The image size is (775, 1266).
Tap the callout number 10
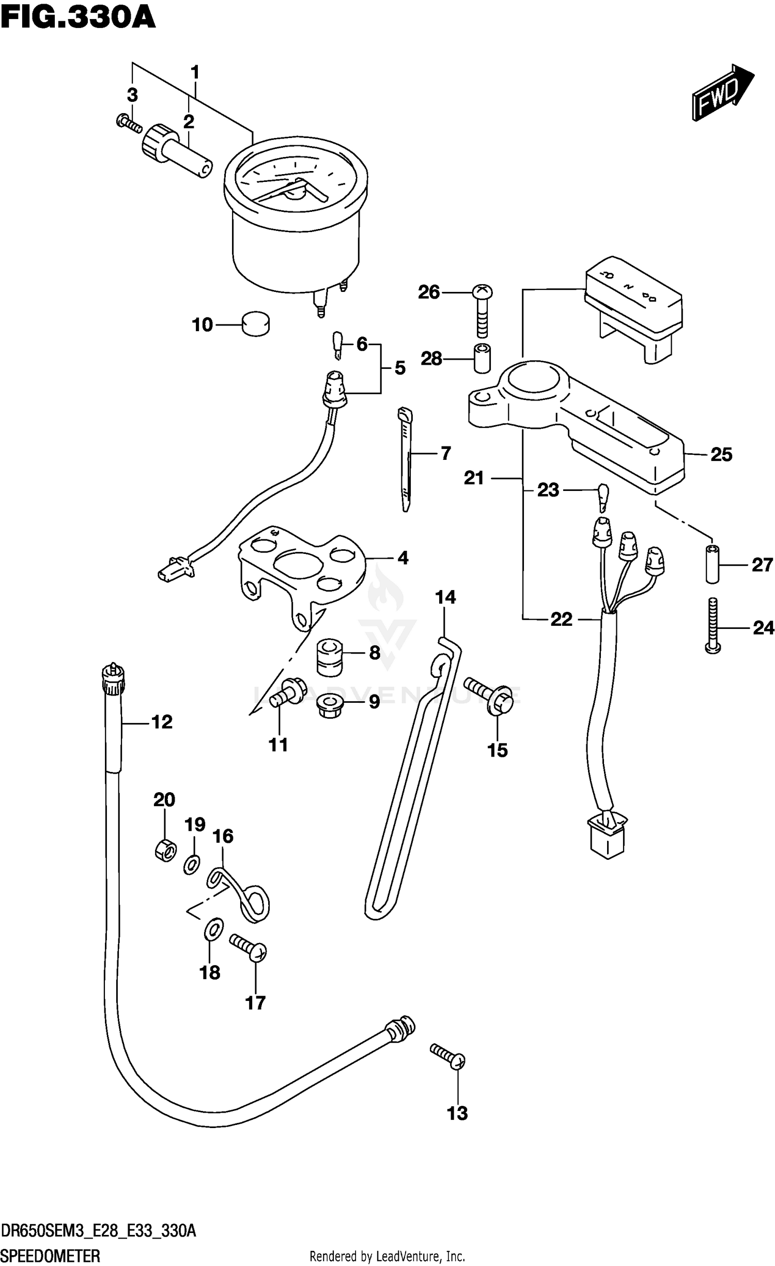pos(202,325)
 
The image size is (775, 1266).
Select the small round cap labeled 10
pos(256,324)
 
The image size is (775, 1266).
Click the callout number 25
pos(721,455)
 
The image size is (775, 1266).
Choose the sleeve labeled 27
pos(713,564)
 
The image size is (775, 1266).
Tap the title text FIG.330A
pos(78,18)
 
